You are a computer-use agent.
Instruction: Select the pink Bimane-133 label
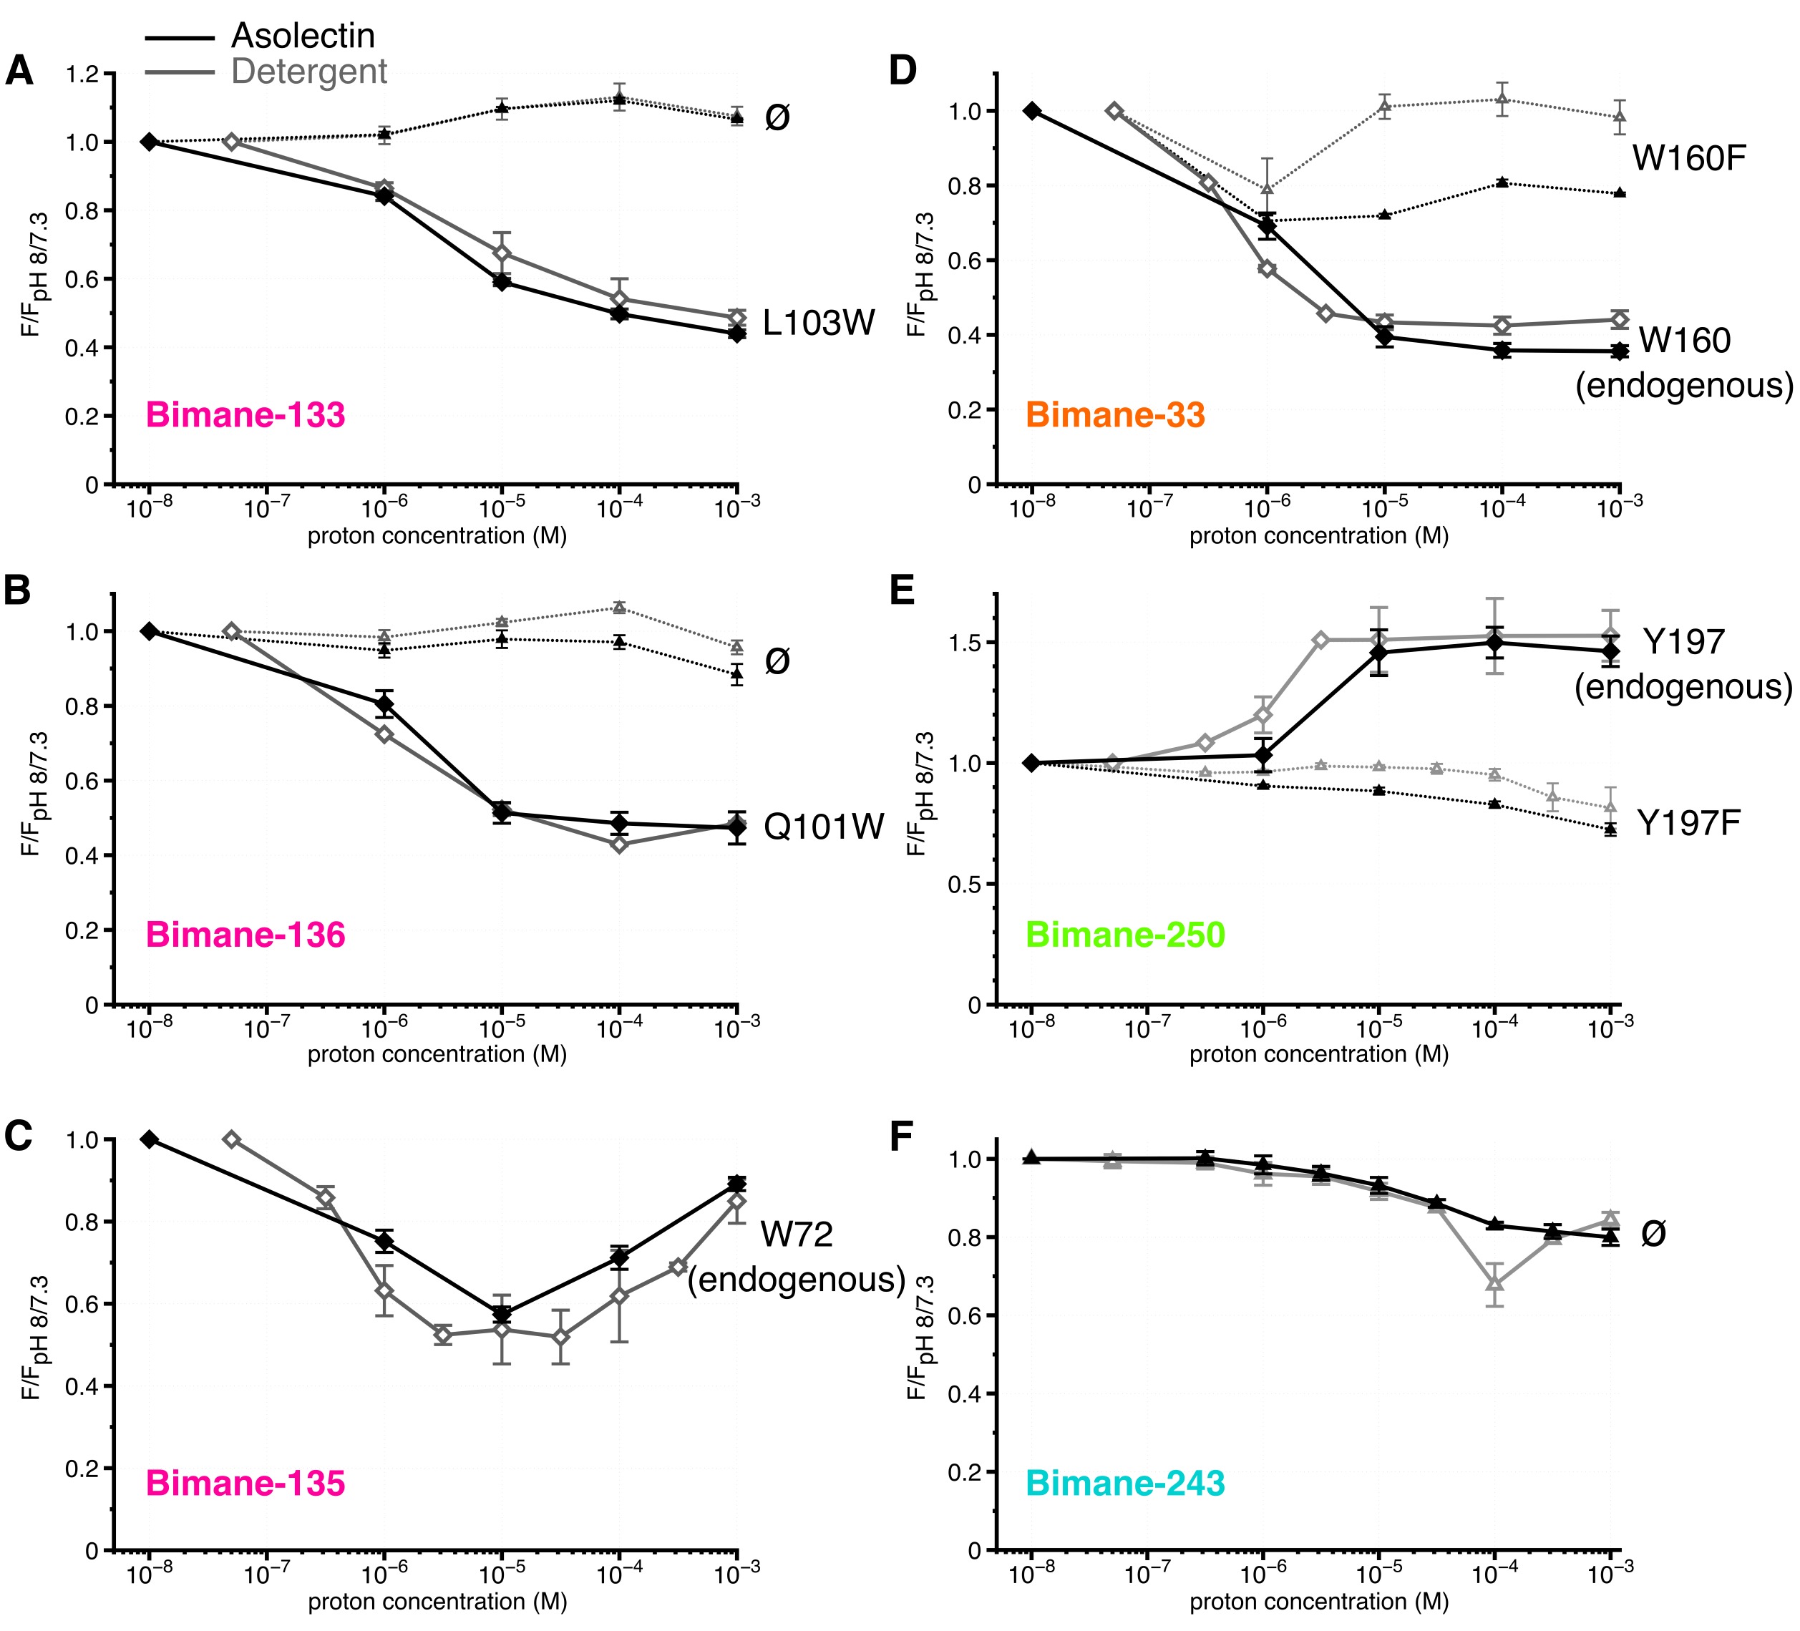[x=245, y=415]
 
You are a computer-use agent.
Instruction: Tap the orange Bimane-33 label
[x=1115, y=415]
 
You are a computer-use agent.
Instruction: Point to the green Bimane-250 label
[x=1125, y=935]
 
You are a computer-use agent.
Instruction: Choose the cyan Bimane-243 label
[x=1125, y=1483]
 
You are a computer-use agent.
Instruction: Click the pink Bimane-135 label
[x=245, y=1483]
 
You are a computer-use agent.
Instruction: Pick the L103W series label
[x=819, y=323]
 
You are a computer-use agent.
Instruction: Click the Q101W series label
[x=823, y=827]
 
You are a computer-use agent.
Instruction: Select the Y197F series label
[x=1688, y=823]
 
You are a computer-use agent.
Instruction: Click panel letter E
[x=902, y=591]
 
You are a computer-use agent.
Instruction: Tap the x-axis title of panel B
[x=437, y=1054]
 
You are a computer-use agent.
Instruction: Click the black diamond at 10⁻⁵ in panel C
[x=502, y=1313]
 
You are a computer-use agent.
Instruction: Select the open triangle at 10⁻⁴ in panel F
[x=1494, y=1285]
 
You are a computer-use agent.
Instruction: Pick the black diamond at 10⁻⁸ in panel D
[x=1032, y=111]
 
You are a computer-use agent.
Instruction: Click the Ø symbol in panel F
[x=1653, y=1235]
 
